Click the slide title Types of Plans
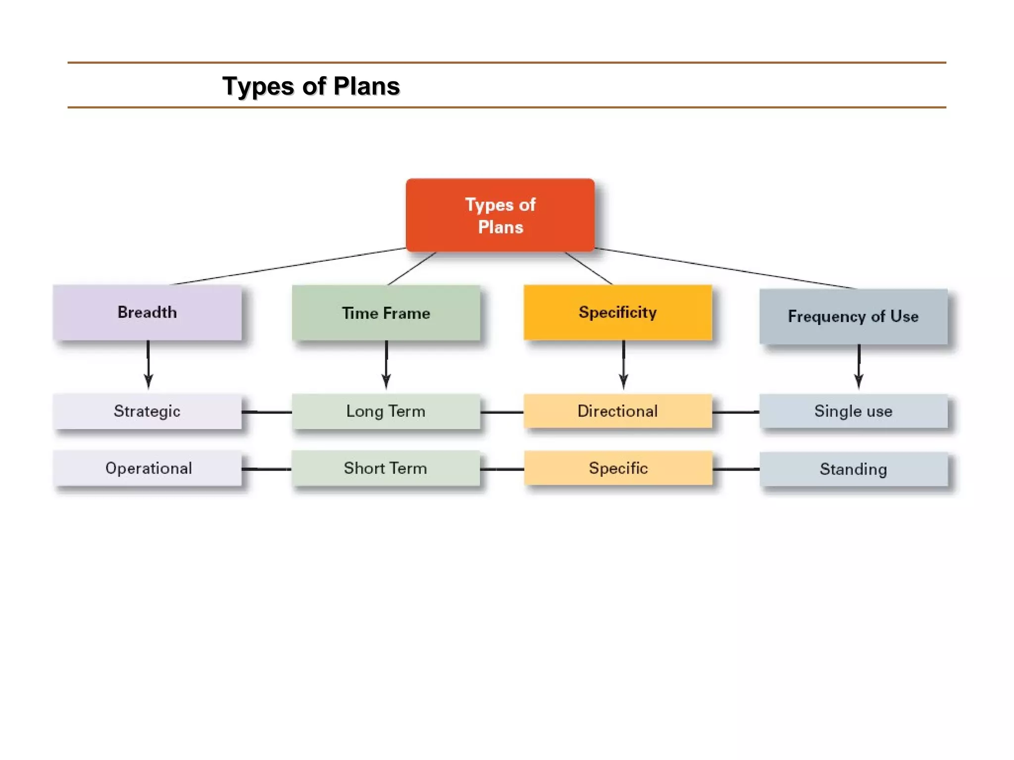tap(310, 86)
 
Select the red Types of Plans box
tap(500, 215)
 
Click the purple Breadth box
tap(147, 312)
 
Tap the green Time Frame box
tap(386, 313)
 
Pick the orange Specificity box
tap(617, 312)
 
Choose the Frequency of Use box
tap(853, 316)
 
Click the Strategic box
tap(147, 411)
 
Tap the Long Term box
tap(386, 411)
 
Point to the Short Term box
tap(386, 468)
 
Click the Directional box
tap(617, 411)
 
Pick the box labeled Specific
tap(618, 468)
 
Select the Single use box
tap(853, 411)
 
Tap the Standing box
tap(853, 469)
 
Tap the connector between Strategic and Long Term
tap(266, 412)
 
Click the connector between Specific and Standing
tap(736, 469)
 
